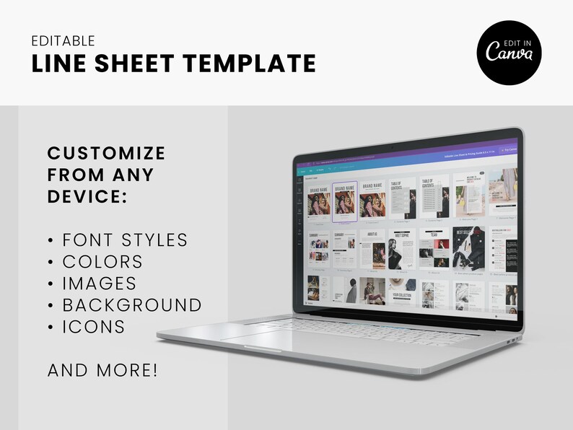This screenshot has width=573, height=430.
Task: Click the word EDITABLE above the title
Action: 64,41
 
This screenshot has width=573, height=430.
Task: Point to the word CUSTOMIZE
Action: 106,153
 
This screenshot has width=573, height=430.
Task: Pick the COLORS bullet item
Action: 102,261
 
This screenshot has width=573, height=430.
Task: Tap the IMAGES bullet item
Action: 99,283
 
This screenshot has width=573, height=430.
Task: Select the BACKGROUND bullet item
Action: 131,304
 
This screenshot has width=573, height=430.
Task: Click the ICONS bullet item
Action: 93,326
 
